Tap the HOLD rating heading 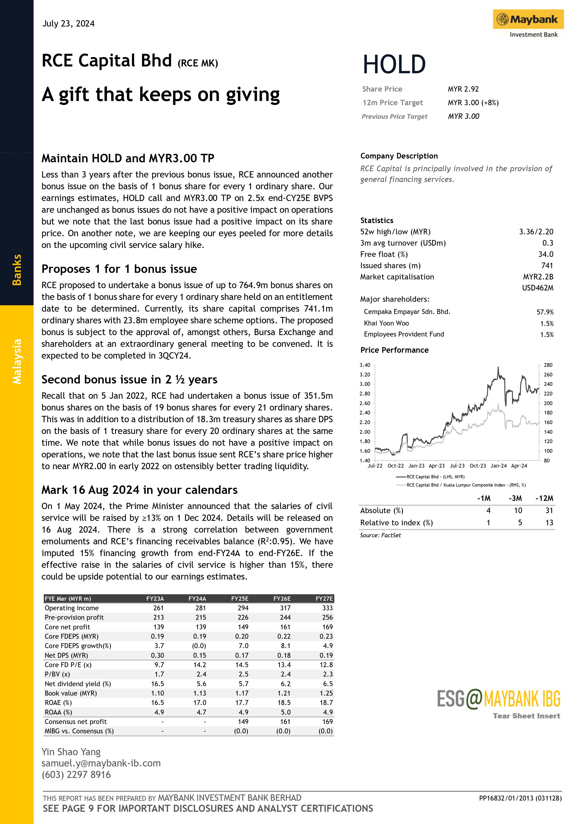(394, 65)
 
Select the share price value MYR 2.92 (463, 89)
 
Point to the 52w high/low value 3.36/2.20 (536, 232)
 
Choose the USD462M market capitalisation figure (537, 288)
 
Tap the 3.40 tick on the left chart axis (365, 365)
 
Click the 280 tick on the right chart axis (548, 365)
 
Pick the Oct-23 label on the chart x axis (478, 466)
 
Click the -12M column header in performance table (544, 498)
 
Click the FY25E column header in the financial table (240, 599)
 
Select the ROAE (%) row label (58, 703)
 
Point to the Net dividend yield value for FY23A (158, 684)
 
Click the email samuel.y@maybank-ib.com (101, 763)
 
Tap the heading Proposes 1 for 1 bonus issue (119, 269)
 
